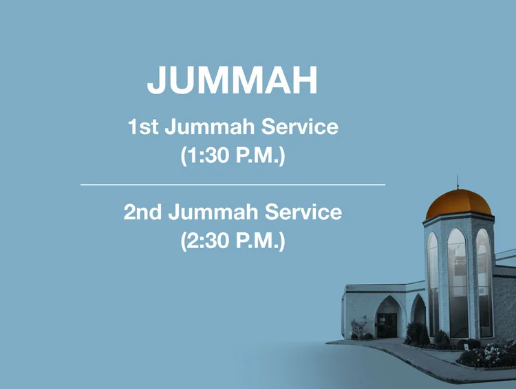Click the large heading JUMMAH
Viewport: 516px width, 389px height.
point(233,80)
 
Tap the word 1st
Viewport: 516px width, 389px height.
point(143,128)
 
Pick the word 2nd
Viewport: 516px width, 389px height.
point(142,212)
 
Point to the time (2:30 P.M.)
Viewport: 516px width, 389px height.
point(233,241)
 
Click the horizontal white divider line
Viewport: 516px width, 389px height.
point(233,185)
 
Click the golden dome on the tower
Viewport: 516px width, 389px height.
point(459,204)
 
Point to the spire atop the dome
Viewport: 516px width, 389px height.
point(458,181)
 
